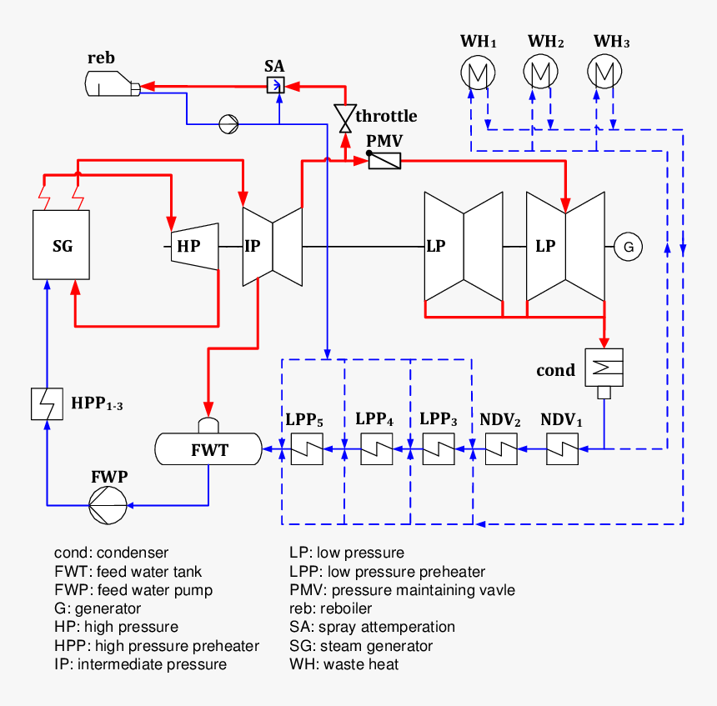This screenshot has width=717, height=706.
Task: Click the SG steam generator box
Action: [62, 245]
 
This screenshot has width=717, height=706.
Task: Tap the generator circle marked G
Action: [629, 246]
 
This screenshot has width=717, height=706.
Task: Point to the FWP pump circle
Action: [109, 505]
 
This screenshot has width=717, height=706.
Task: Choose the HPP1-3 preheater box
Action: [48, 404]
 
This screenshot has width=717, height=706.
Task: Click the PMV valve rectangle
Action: [384, 161]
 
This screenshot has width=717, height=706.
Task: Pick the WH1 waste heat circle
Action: [478, 73]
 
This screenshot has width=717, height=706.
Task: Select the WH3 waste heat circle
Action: [604, 73]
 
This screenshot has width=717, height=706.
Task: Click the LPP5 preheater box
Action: [305, 450]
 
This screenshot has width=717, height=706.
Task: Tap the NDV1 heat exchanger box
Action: [564, 450]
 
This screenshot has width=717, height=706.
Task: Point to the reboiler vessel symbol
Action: [110, 83]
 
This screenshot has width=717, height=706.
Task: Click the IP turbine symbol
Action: [272, 246]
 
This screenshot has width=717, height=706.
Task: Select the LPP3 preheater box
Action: [439, 450]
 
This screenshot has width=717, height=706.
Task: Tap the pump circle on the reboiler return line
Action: [228, 124]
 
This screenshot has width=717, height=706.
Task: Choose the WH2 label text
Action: [546, 41]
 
